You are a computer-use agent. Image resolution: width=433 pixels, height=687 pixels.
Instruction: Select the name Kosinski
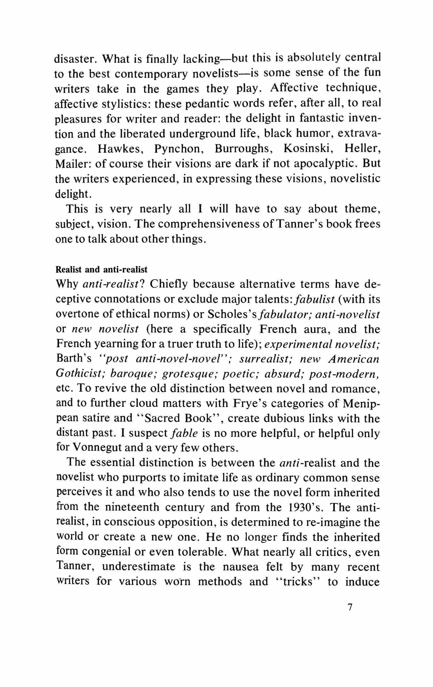pos(307,149)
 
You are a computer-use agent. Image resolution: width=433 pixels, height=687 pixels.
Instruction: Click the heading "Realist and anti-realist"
pos(102,269)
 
